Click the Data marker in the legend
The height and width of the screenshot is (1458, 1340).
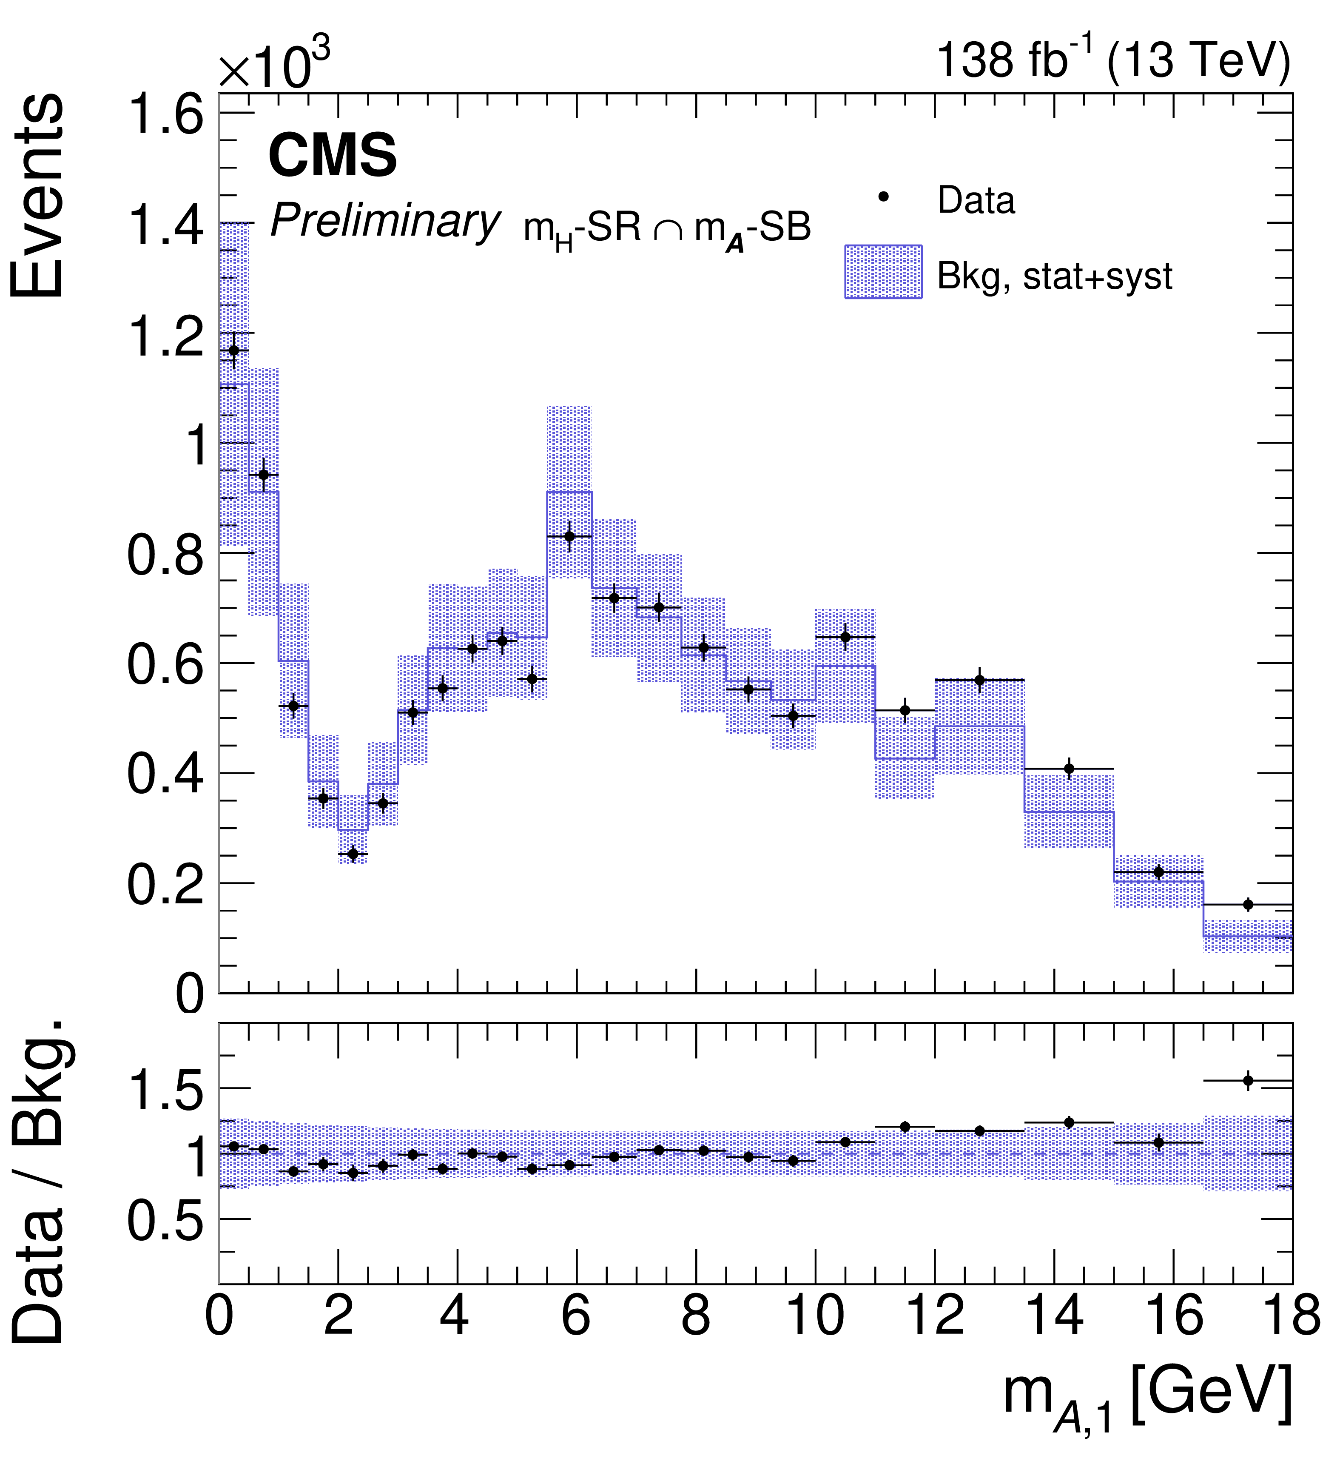click(883, 196)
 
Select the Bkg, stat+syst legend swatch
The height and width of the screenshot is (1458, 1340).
click(883, 272)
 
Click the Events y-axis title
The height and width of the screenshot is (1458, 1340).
click(38, 196)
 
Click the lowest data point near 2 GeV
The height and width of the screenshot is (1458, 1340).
click(353, 854)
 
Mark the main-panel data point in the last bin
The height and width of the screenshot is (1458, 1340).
click(1248, 905)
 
